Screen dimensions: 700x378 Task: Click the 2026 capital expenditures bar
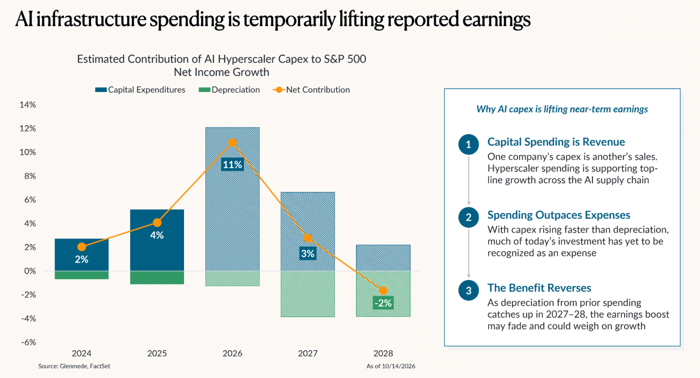click(232, 199)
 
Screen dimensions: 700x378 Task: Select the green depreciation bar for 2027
click(308, 294)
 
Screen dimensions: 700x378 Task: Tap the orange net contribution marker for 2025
click(157, 223)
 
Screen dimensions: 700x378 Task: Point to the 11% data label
click(232, 164)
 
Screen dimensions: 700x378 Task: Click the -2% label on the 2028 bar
click(383, 303)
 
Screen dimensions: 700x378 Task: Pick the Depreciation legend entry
click(229, 90)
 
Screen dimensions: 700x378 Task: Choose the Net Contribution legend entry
click(311, 90)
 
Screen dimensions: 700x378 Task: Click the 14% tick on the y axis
click(28, 105)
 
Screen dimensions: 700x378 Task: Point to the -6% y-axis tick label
click(29, 342)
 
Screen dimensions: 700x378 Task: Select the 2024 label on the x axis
click(82, 354)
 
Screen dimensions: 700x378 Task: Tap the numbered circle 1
click(468, 144)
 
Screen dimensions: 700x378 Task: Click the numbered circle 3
click(468, 290)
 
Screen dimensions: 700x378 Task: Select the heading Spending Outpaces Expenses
click(559, 215)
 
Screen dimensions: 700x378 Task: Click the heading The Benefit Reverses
click(539, 288)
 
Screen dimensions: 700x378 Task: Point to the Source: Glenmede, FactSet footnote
click(74, 366)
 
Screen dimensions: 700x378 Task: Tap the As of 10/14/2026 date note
click(391, 366)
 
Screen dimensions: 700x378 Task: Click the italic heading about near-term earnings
click(562, 109)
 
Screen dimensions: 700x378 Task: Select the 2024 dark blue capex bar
click(82, 255)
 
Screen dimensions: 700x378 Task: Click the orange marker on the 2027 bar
click(308, 238)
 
